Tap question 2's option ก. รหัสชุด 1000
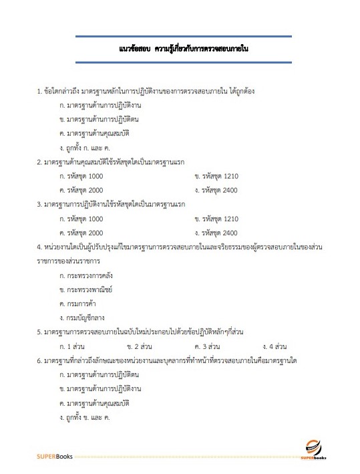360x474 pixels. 81,176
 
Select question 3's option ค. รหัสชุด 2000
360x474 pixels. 81,233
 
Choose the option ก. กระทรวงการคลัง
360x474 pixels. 87,275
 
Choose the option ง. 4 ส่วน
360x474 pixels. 275,346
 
